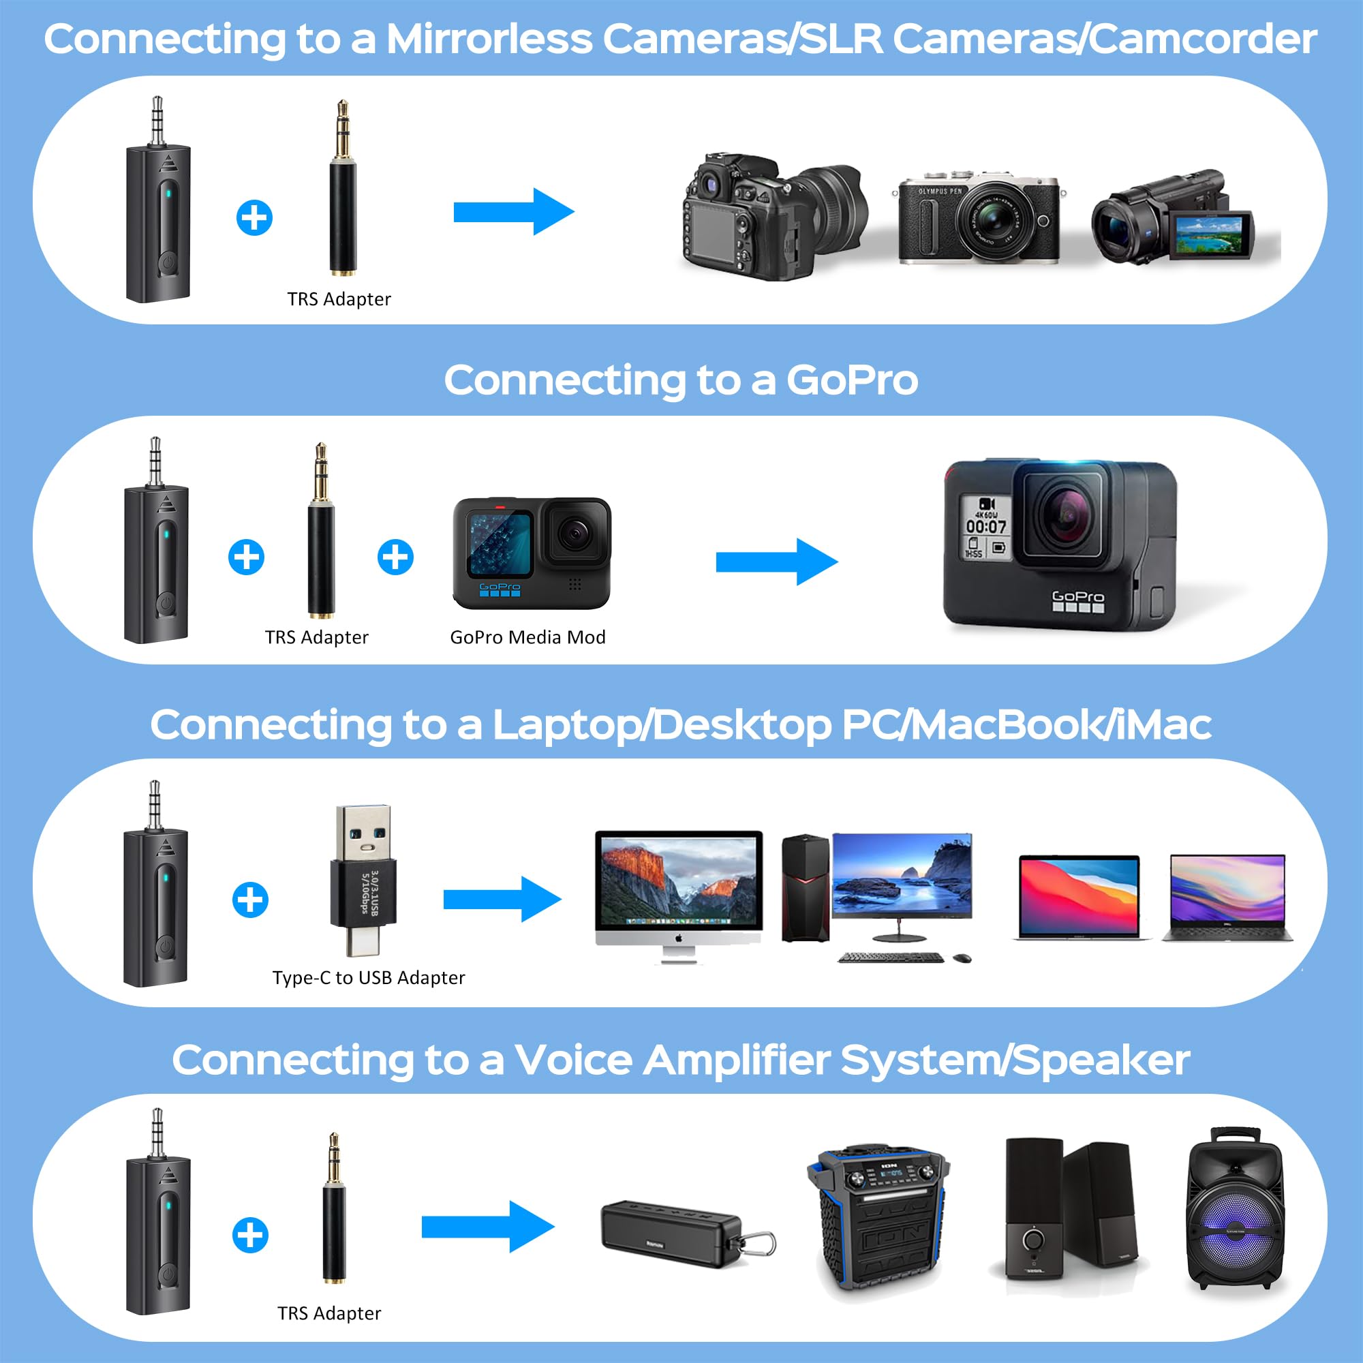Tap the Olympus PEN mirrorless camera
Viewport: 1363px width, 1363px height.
[979, 218]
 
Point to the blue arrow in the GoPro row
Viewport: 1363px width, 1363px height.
[776, 562]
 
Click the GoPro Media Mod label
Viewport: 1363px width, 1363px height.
[527, 637]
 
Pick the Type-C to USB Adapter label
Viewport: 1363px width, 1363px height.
[368, 978]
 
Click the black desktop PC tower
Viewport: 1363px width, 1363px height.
[805, 889]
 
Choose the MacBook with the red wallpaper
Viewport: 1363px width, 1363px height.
[1079, 896]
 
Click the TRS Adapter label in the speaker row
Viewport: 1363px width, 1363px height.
[328, 1313]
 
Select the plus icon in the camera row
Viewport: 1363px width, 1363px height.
[254, 217]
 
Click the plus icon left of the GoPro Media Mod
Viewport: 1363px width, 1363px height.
[395, 557]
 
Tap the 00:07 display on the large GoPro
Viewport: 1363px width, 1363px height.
[985, 526]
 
